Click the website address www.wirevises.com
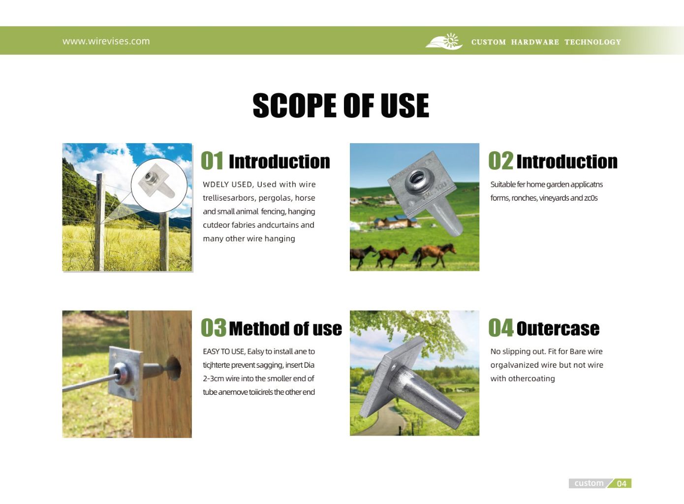(106, 41)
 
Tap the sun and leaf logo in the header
(444, 41)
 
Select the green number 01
(212, 160)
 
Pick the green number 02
(501, 160)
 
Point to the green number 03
(214, 328)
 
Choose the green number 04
(501, 328)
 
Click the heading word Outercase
(558, 329)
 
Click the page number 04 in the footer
(622, 483)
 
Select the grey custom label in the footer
(589, 483)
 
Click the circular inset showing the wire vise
(159, 185)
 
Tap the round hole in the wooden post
(174, 368)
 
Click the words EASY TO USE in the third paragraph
(224, 351)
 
